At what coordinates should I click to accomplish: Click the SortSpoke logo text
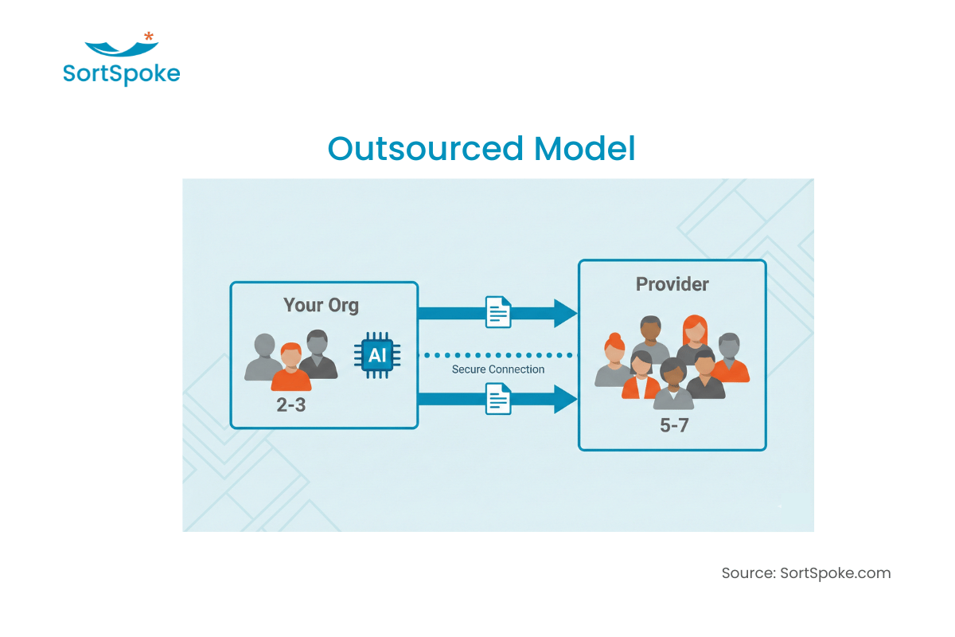point(121,74)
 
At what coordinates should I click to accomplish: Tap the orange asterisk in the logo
point(149,36)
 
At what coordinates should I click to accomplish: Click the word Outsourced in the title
point(426,149)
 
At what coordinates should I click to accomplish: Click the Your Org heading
point(321,305)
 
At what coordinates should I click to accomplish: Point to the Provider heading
point(672,284)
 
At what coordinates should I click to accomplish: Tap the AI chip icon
point(376,354)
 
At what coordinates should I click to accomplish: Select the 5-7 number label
point(673,425)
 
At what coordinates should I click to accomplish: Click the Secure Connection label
point(498,369)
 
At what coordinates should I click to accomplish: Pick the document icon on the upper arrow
point(498,312)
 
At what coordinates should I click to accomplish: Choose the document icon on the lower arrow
point(498,398)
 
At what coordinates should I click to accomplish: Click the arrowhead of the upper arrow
point(564,313)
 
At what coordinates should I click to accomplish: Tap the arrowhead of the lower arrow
point(564,398)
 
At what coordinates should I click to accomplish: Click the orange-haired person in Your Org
point(291,367)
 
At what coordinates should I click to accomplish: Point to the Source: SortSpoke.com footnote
point(806,573)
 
